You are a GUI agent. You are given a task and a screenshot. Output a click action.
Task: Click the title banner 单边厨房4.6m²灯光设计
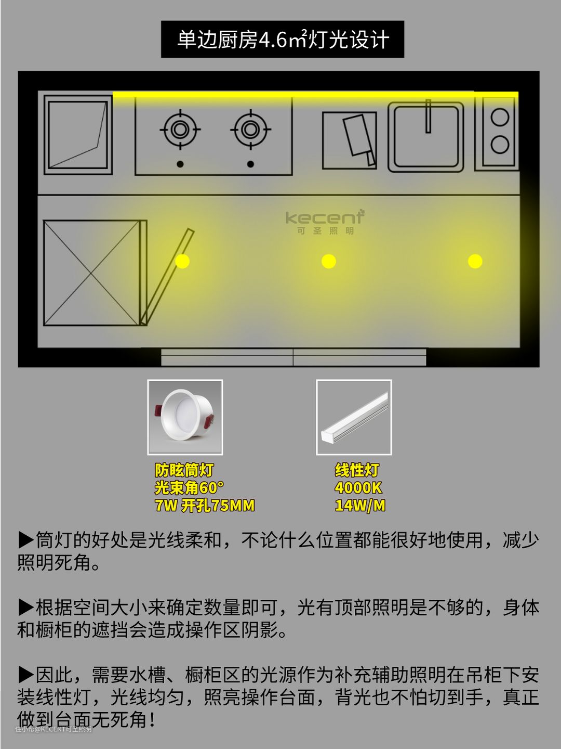tap(283, 39)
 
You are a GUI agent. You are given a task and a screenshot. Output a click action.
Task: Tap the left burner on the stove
tap(180, 130)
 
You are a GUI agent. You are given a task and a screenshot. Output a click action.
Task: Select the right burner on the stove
tap(250, 130)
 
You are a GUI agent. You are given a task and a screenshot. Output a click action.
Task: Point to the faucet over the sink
tap(428, 116)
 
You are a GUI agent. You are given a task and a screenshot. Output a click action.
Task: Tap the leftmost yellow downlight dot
tap(182, 262)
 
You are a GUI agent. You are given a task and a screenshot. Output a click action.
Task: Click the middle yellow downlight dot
tap(329, 262)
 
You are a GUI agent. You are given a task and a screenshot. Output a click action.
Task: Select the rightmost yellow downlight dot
tap(475, 262)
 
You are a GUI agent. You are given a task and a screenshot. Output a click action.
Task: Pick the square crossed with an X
tap(91, 273)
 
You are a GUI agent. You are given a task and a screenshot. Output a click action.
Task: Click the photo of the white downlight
tap(185, 417)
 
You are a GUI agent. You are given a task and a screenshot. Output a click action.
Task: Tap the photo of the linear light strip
tap(354, 417)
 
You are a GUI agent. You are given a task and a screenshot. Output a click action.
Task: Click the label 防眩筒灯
tap(184, 470)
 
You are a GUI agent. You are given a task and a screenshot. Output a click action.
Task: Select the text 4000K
tap(358, 488)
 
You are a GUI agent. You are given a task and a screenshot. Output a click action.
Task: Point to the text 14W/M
tap(360, 506)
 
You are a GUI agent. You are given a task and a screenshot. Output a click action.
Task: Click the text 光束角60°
tap(190, 488)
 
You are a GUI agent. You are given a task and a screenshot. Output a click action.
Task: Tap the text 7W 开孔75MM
tap(205, 506)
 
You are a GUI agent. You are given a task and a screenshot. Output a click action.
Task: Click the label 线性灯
tap(357, 470)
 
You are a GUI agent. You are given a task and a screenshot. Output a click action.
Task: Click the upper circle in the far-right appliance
tap(500, 118)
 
